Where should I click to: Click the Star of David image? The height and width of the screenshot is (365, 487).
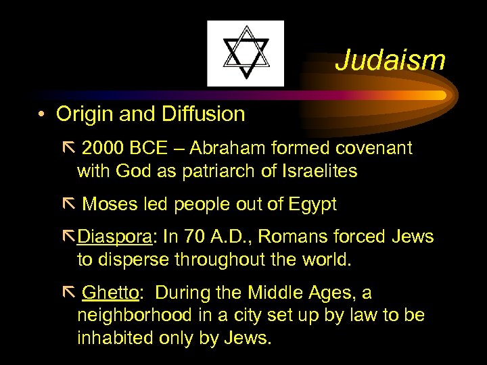pyautogui.click(x=246, y=53)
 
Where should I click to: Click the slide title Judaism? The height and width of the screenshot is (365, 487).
pyautogui.click(x=390, y=60)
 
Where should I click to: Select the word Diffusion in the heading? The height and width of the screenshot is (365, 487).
pyautogui.click(x=202, y=114)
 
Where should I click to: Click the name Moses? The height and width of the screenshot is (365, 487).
pyautogui.click(x=109, y=205)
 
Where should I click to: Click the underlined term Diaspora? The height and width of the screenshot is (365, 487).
pyautogui.click(x=116, y=237)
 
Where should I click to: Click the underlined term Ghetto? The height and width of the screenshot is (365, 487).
pyautogui.click(x=110, y=293)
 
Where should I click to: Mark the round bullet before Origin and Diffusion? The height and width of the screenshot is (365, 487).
pyautogui.click(x=42, y=115)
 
